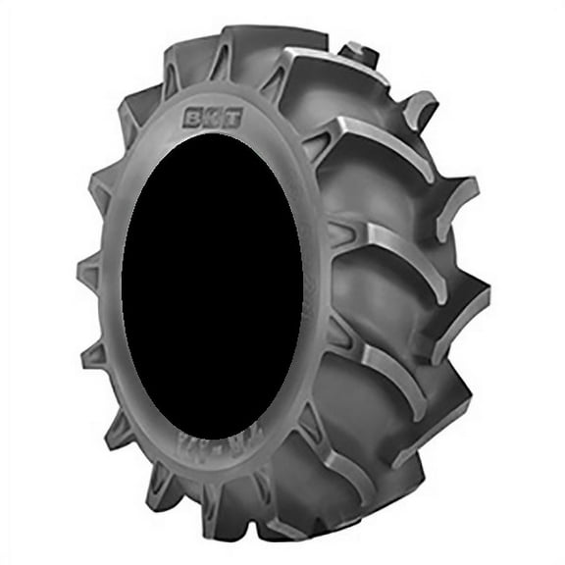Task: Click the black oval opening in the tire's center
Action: [210, 284]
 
